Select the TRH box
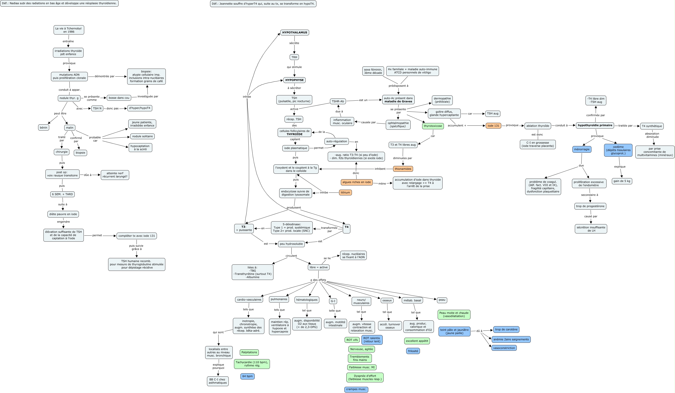294,57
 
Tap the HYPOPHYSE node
294,80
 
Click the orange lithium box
345,192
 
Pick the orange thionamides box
403,169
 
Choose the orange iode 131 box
493,125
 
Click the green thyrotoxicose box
433,126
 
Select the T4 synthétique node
652,126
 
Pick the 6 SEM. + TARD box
62,194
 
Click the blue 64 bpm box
247,376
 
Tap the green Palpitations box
249,352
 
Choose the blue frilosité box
413,351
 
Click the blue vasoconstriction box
504,348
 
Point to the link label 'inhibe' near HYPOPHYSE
247,96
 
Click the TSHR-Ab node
337,101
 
